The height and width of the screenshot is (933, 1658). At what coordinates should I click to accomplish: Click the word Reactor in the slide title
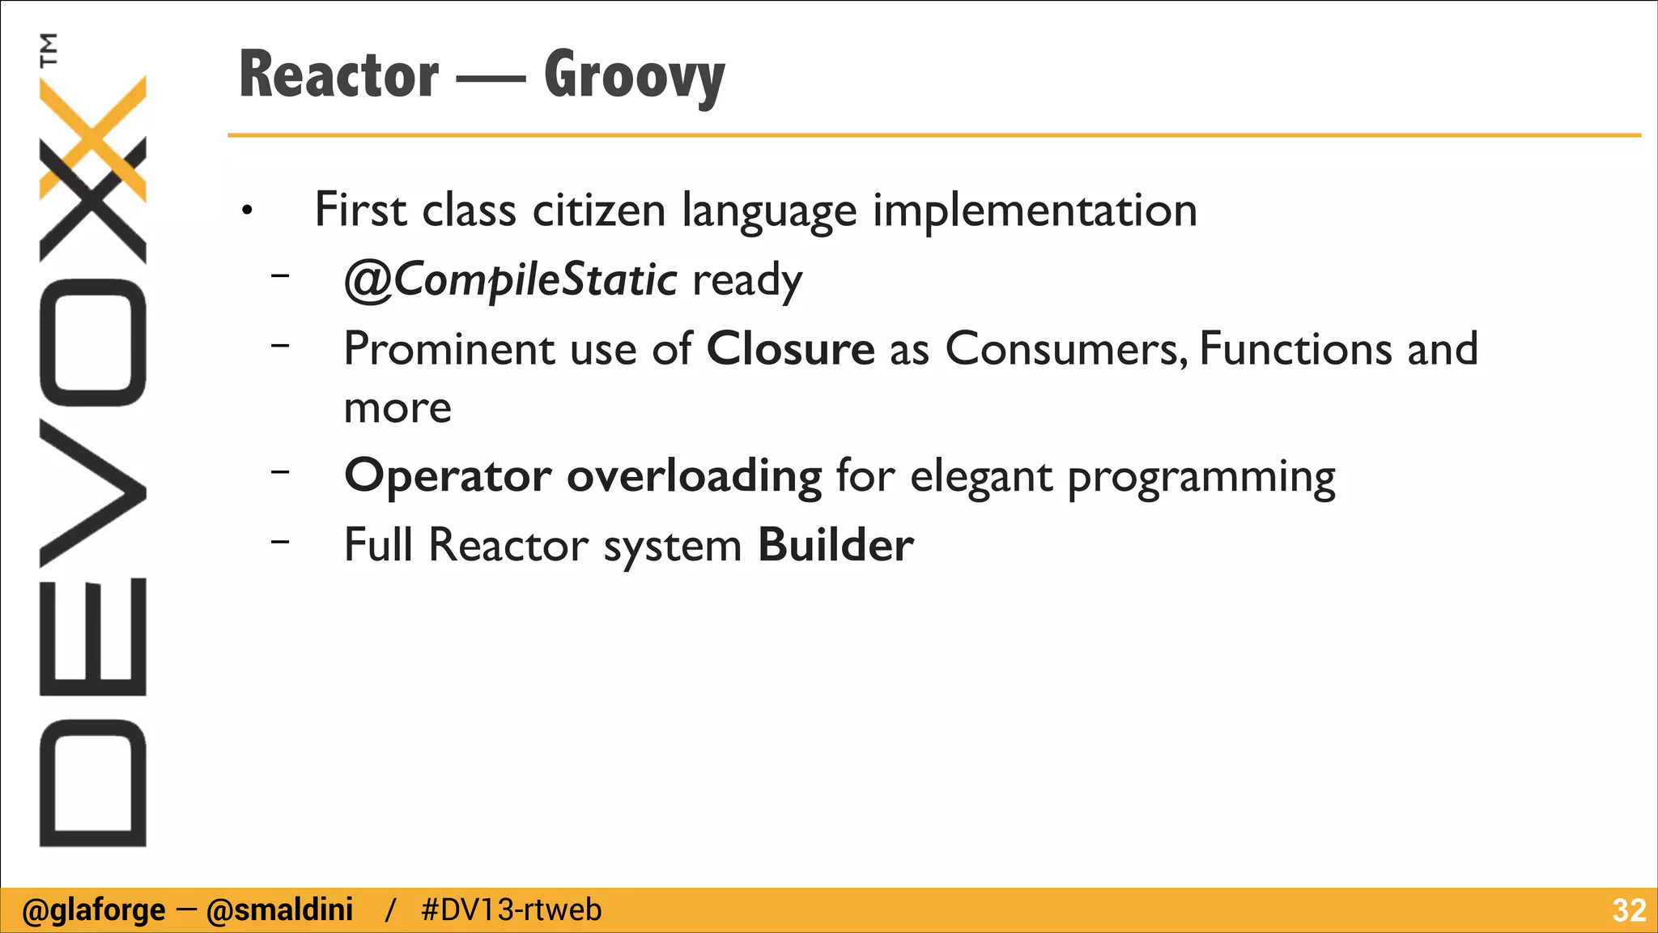[338, 75]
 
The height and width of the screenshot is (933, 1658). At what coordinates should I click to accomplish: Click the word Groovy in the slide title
[634, 77]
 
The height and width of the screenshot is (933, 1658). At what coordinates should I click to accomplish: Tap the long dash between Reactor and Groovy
[491, 79]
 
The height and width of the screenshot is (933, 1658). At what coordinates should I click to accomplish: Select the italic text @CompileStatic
[510, 280]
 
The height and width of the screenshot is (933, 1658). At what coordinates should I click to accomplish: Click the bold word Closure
[790, 349]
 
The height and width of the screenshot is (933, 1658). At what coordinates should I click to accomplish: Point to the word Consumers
[1065, 349]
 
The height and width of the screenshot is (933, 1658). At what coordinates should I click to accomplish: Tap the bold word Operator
[448, 476]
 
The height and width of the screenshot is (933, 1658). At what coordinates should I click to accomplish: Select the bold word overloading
[694, 476]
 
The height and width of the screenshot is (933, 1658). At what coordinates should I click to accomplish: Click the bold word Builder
[835, 545]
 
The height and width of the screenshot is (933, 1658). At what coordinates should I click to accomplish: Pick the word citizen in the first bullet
[598, 211]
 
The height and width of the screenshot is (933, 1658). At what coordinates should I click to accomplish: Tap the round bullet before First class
[248, 212]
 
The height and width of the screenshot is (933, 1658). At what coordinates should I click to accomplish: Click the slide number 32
[1628, 910]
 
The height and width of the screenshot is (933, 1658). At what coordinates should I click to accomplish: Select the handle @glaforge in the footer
[94, 910]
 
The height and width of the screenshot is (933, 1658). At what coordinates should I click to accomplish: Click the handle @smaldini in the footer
[279, 910]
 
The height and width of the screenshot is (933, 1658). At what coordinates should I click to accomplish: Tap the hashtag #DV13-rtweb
[511, 910]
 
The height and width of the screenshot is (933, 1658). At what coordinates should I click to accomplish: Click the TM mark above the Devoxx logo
[49, 49]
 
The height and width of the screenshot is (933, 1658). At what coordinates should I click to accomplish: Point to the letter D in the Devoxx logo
[92, 783]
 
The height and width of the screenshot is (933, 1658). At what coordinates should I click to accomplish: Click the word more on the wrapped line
[397, 408]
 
